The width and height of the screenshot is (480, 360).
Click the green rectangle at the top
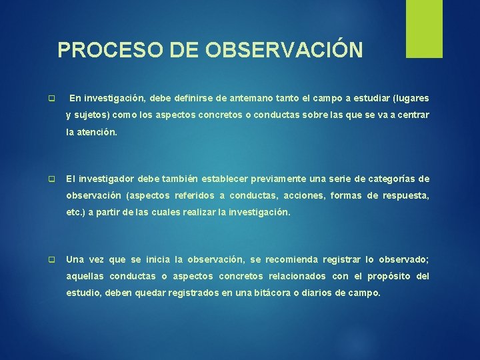coord(425,29)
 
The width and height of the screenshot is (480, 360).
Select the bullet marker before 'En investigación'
coord(51,99)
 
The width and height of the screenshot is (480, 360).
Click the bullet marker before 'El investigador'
coord(51,179)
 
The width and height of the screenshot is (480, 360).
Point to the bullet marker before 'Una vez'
coord(51,260)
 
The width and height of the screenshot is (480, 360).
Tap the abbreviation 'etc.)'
coord(76,213)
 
